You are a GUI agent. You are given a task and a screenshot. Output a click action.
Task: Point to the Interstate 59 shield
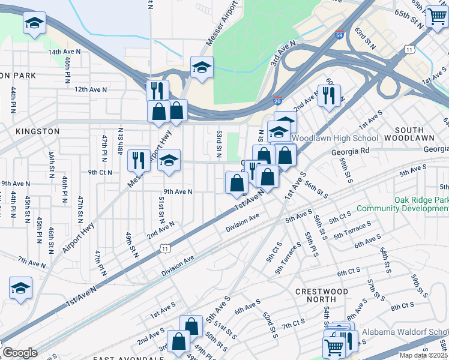(339, 36)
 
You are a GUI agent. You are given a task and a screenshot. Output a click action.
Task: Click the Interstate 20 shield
(277, 103)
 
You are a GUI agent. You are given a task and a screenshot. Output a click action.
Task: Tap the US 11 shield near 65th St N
(409, 50)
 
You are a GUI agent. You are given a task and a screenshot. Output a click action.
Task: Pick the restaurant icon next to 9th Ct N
(139, 160)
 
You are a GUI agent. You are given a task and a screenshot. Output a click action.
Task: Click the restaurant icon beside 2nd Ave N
(328, 95)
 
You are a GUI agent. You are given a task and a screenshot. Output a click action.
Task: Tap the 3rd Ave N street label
(283, 53)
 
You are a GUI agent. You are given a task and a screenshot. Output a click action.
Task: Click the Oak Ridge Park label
(420, 200)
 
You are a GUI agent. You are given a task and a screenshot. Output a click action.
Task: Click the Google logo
(20, 353)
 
